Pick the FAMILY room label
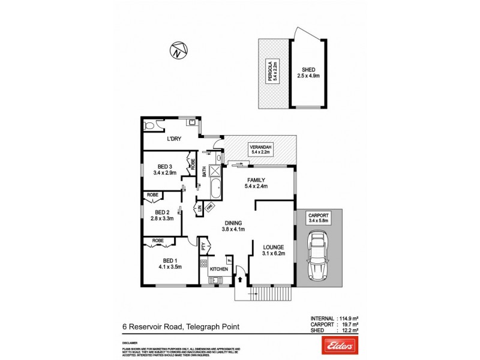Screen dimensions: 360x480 pos(256,182)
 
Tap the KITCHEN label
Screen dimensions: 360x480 pos(218,269)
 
